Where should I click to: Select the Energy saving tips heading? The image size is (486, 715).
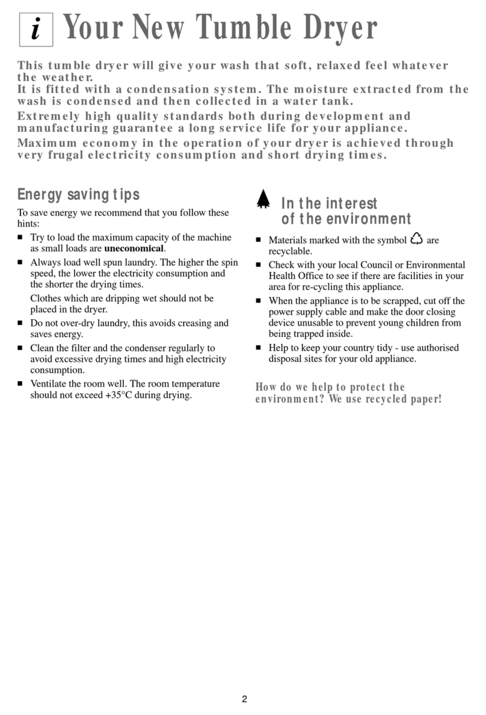[78, 194]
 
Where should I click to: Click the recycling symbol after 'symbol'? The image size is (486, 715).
[416, 239]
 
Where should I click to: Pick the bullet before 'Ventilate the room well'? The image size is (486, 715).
[20, 384]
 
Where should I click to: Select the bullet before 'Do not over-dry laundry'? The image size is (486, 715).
[20, 324]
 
